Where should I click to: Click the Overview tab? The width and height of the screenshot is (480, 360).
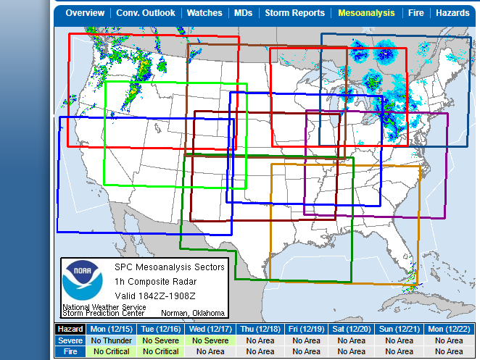click(x=85, y=13)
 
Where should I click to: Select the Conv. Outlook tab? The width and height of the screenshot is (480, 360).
click(x=146, y=13)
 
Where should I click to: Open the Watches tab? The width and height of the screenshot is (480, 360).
click(x=204, y=13)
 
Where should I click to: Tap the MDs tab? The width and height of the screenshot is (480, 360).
click(x=243, y=13)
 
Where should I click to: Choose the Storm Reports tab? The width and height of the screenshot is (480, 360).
click(x=294, y=13)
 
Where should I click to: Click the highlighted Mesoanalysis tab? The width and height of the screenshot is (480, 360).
click(x=366, y=13)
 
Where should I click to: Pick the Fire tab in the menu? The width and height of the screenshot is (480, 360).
click(x=415, y=13)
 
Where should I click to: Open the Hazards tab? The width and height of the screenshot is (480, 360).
click(x=452, y=13)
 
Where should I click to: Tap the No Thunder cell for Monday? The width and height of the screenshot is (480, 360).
click(x=112, y=340)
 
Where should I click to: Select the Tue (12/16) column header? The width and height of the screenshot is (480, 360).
click(x=160, y=329)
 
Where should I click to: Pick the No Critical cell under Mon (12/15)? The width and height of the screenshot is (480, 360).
click(x=112, y=352)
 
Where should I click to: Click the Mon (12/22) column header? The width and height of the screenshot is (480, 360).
click(x=446, y=329)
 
